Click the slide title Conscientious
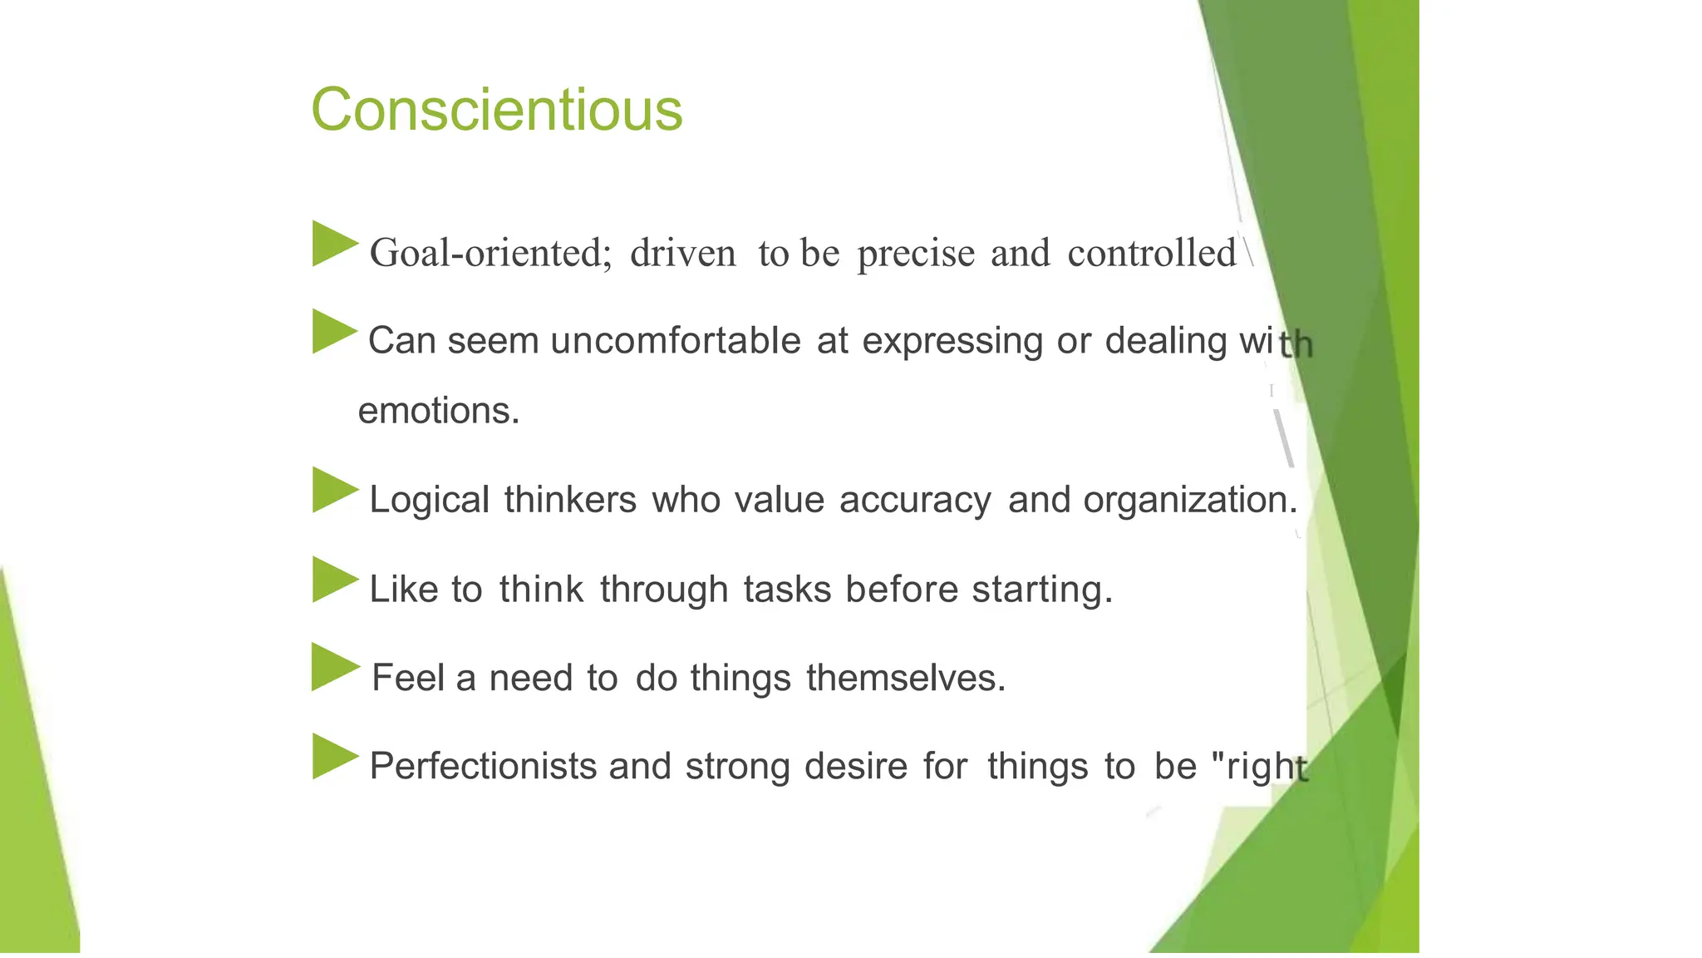(496, 110)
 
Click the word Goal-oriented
(490, 253)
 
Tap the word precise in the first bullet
(916, 254)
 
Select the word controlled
(1152, 253)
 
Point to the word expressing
(952, 342)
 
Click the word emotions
(438, 411)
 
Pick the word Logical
(429, 501)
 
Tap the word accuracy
(915, 501)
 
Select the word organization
(1189, 500)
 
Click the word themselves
(905, 678)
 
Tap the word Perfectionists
(483, 766)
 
